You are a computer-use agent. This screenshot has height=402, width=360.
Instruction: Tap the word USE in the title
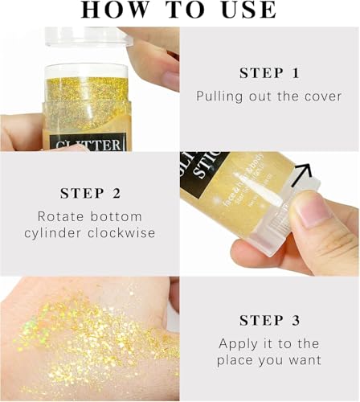tap(246, 10)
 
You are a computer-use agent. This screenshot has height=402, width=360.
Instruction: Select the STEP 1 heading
tap(269, 73)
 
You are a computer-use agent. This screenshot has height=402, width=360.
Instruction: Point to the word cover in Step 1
tap(322, 96)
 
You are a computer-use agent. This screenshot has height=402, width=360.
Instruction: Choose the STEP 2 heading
tap(89, 194)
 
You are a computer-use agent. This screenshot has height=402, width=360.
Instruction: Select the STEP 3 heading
tap(269, 320)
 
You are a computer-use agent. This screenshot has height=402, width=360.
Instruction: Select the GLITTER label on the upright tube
tap(87, 145)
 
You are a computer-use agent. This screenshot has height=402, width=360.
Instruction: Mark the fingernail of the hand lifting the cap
tap(170, 80)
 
